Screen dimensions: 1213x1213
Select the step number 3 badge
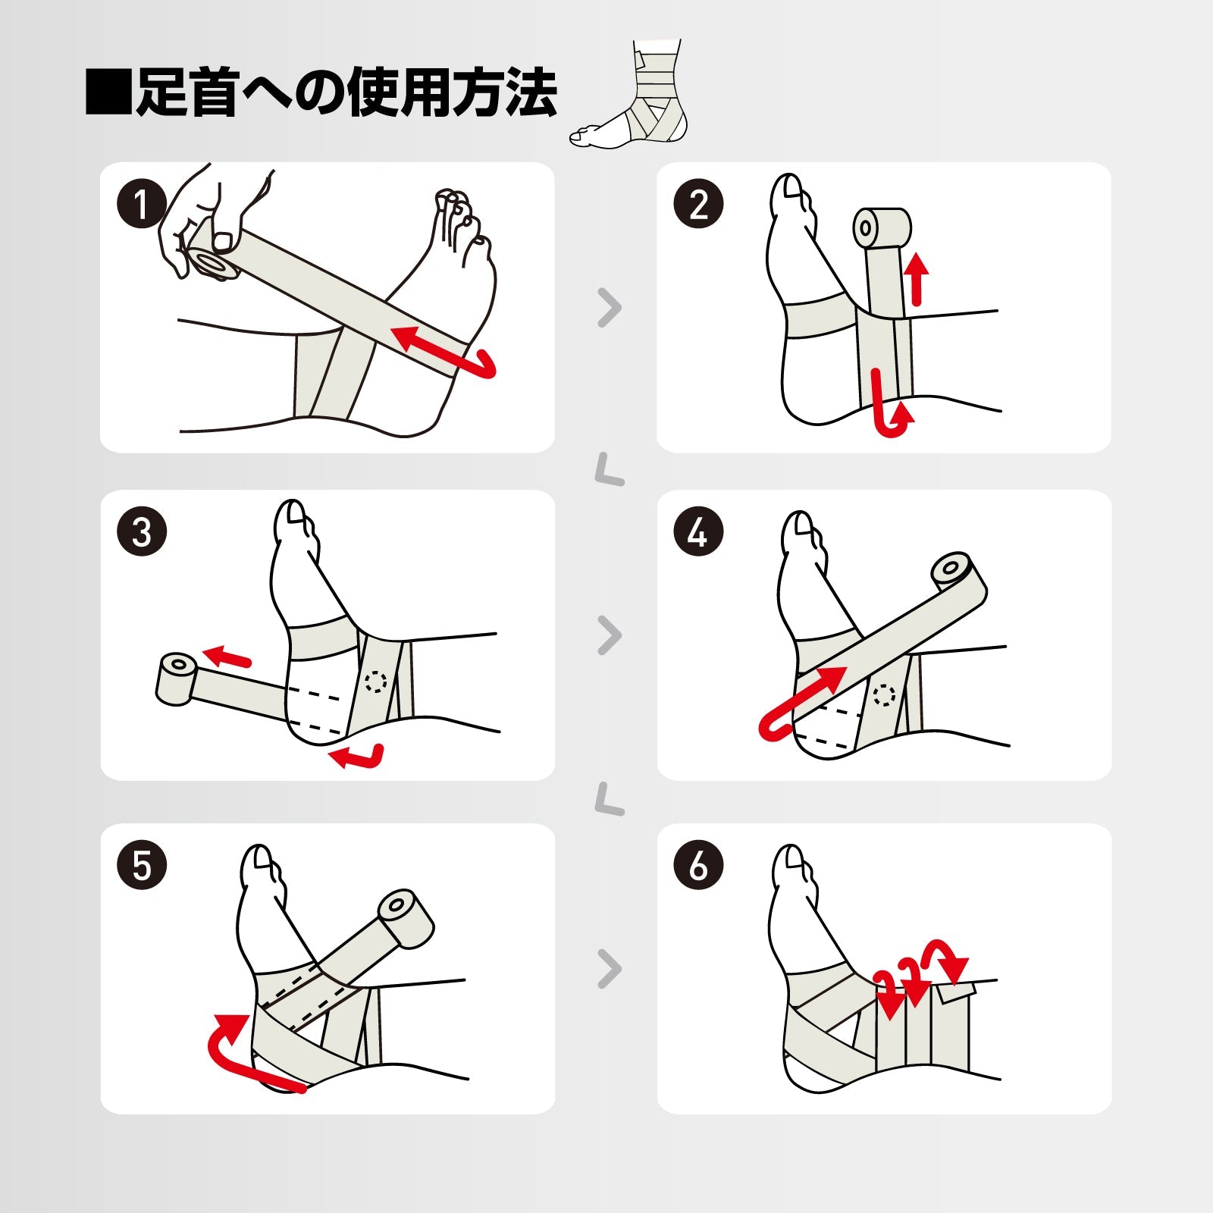141,531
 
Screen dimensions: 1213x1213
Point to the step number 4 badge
698,531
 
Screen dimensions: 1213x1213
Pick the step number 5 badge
141,865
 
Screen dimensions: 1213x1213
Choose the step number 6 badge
698,865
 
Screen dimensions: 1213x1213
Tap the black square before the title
108,92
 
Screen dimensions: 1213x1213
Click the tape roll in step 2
882,228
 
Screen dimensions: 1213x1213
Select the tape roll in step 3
177,679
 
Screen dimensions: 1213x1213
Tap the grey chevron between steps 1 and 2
610,308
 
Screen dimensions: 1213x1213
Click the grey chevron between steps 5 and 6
610,969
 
